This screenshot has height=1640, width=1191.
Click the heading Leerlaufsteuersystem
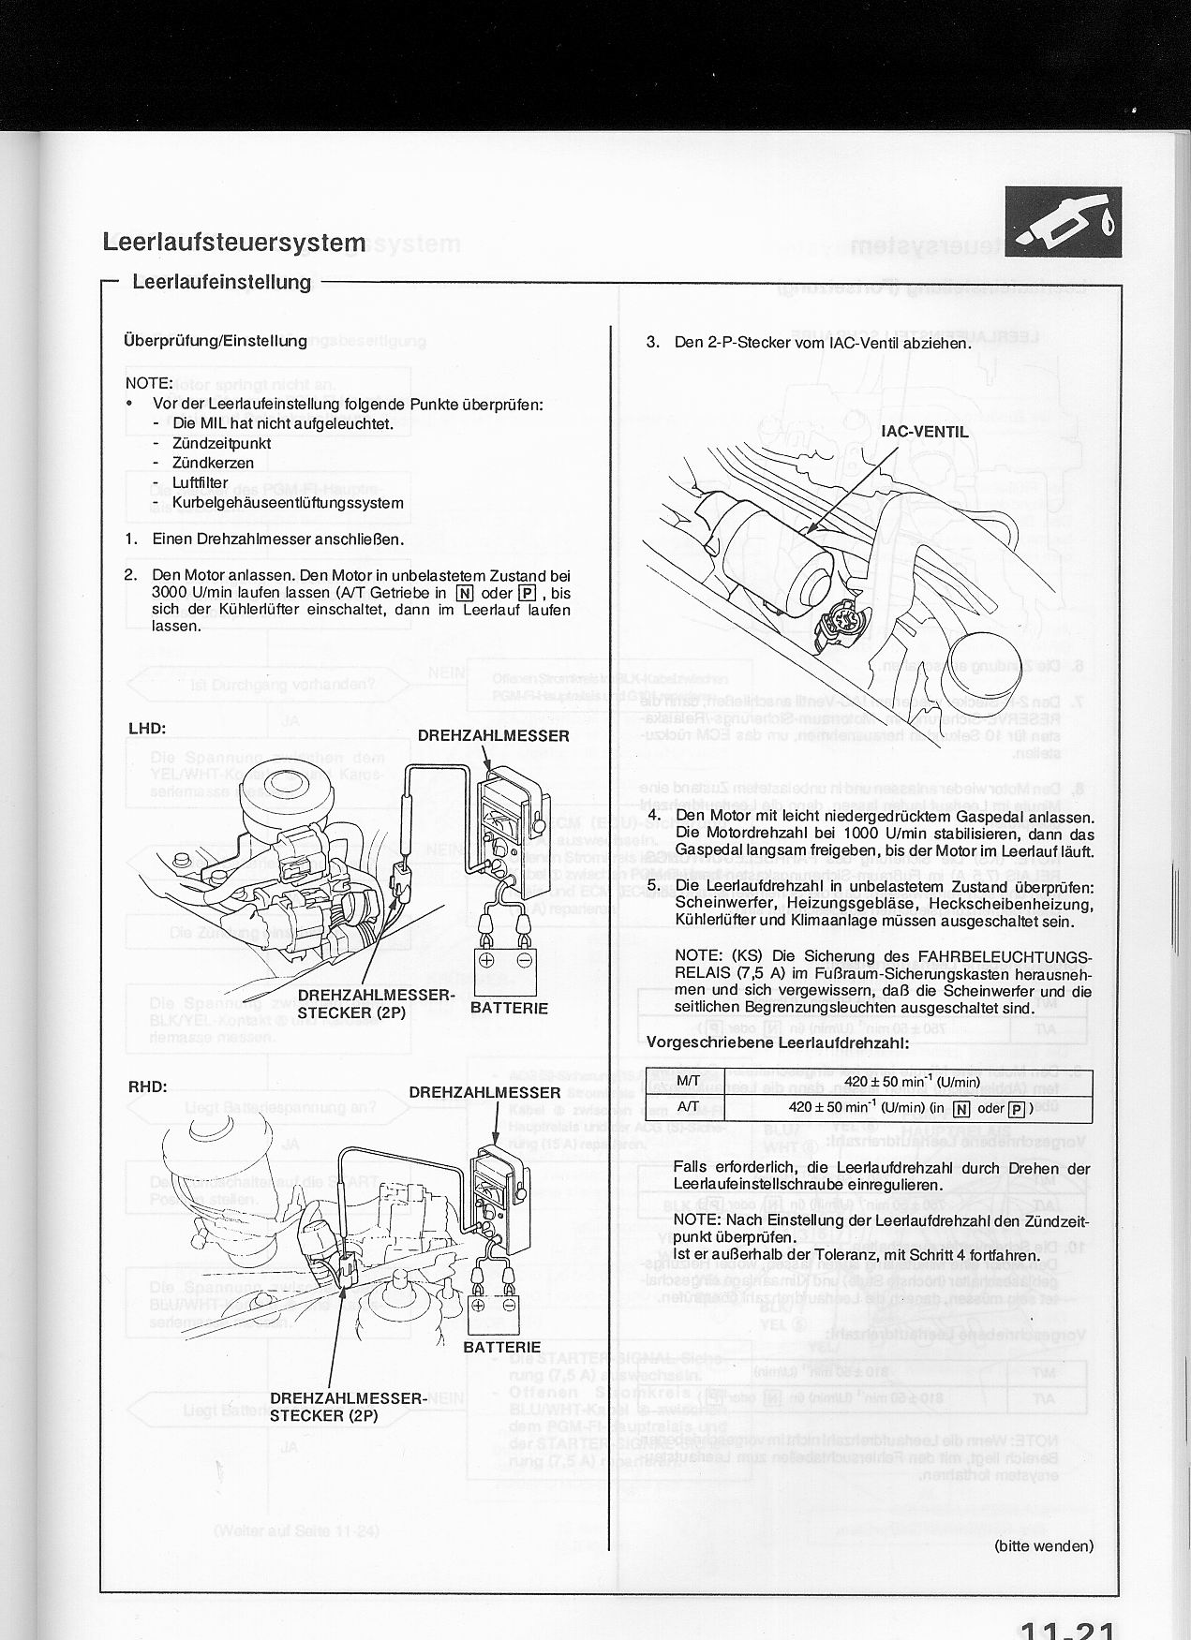click(x=233, y=242)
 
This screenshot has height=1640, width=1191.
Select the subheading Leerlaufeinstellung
click(x=221, y=282)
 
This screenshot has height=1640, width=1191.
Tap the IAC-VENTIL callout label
click(x=924, y=432)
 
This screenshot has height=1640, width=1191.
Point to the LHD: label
click(x=147, y=728)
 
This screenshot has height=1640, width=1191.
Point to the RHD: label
click(x=147, y=1086)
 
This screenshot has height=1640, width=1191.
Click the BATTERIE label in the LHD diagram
click(x=509, y=1008)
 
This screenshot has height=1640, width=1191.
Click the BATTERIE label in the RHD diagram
click(x=501, y=1347)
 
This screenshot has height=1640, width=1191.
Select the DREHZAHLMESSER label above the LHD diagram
click(x=493, y=736)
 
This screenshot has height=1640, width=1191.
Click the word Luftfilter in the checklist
click(x=200, y=483)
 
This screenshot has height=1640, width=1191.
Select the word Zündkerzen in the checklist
click(x=212, y=464)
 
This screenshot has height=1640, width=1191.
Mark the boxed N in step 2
click(x=465, y=593)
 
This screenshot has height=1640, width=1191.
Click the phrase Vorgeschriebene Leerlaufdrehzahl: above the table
click(x=778, y=1042)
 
